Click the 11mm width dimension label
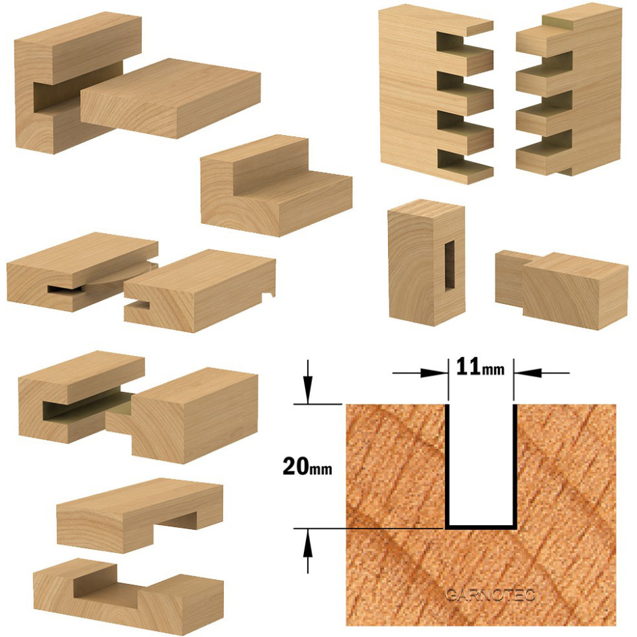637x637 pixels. click(481, 366)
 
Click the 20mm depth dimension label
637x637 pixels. click(307, 466)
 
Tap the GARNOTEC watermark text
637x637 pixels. click(489, 595)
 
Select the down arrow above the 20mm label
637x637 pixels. click(308, 382)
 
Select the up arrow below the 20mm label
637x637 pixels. click(308, 551)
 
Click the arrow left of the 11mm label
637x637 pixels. click(420, 373)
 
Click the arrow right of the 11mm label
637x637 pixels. click(542, 373)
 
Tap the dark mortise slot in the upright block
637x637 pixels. click(450, 266)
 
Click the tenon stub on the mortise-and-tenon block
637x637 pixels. click(509, 278)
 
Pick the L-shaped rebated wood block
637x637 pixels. click(276, 185)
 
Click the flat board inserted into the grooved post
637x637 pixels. click(171, 97)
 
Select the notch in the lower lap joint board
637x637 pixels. click(107, 585)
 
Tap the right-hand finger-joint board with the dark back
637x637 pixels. click(569, 91)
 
